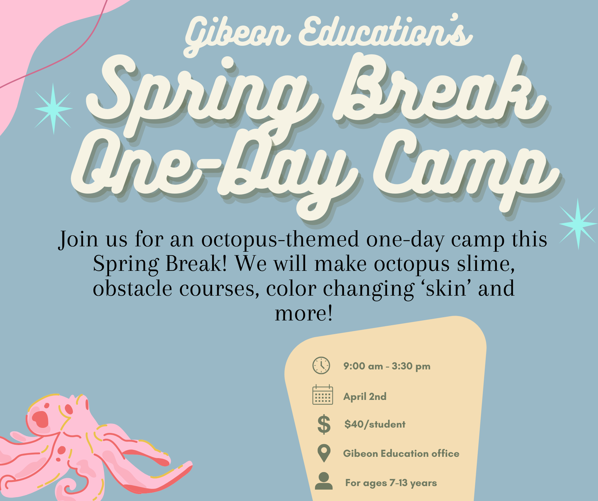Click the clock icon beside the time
coord(321,366)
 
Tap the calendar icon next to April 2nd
coord(323,395)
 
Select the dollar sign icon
coord(324,424)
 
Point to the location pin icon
coord(324,453)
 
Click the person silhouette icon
coord(324,481)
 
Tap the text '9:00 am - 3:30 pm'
coord(387,366)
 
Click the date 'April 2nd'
coord(365,396)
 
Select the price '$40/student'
coord(375,424)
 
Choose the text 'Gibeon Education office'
coord(401,453)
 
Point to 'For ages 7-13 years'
coord(391,483)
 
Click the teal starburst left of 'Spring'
coord(53,108)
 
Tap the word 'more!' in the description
coord(304,313)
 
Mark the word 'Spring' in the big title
coord(200,95)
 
